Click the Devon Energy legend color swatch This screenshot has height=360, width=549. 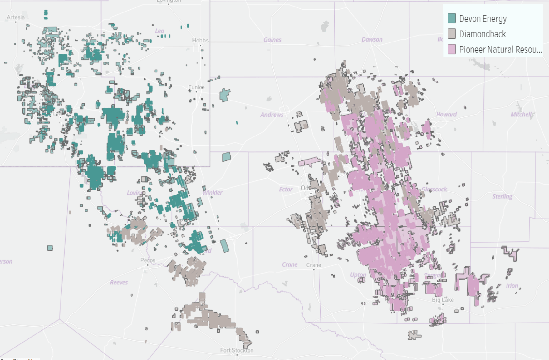451,18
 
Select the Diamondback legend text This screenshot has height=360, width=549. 482,34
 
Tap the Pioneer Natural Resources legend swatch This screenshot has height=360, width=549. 451,49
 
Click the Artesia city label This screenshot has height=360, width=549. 16,17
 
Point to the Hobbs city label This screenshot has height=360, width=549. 200,40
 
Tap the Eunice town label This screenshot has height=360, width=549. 196,87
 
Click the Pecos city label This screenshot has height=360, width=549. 148,260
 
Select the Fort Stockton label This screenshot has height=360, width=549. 237,350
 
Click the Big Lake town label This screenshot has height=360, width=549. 443,300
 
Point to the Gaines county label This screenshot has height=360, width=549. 272,40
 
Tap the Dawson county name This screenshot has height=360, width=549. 372,39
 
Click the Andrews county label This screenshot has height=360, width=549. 272,115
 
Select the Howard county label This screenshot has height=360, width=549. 446,114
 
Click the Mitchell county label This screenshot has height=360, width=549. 522,114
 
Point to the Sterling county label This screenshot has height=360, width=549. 502,196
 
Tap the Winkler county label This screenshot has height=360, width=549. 213,192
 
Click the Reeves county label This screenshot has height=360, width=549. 119,282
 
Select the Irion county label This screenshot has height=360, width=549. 512,286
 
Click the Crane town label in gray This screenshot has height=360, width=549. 313,265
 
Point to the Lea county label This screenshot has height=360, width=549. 159,31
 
